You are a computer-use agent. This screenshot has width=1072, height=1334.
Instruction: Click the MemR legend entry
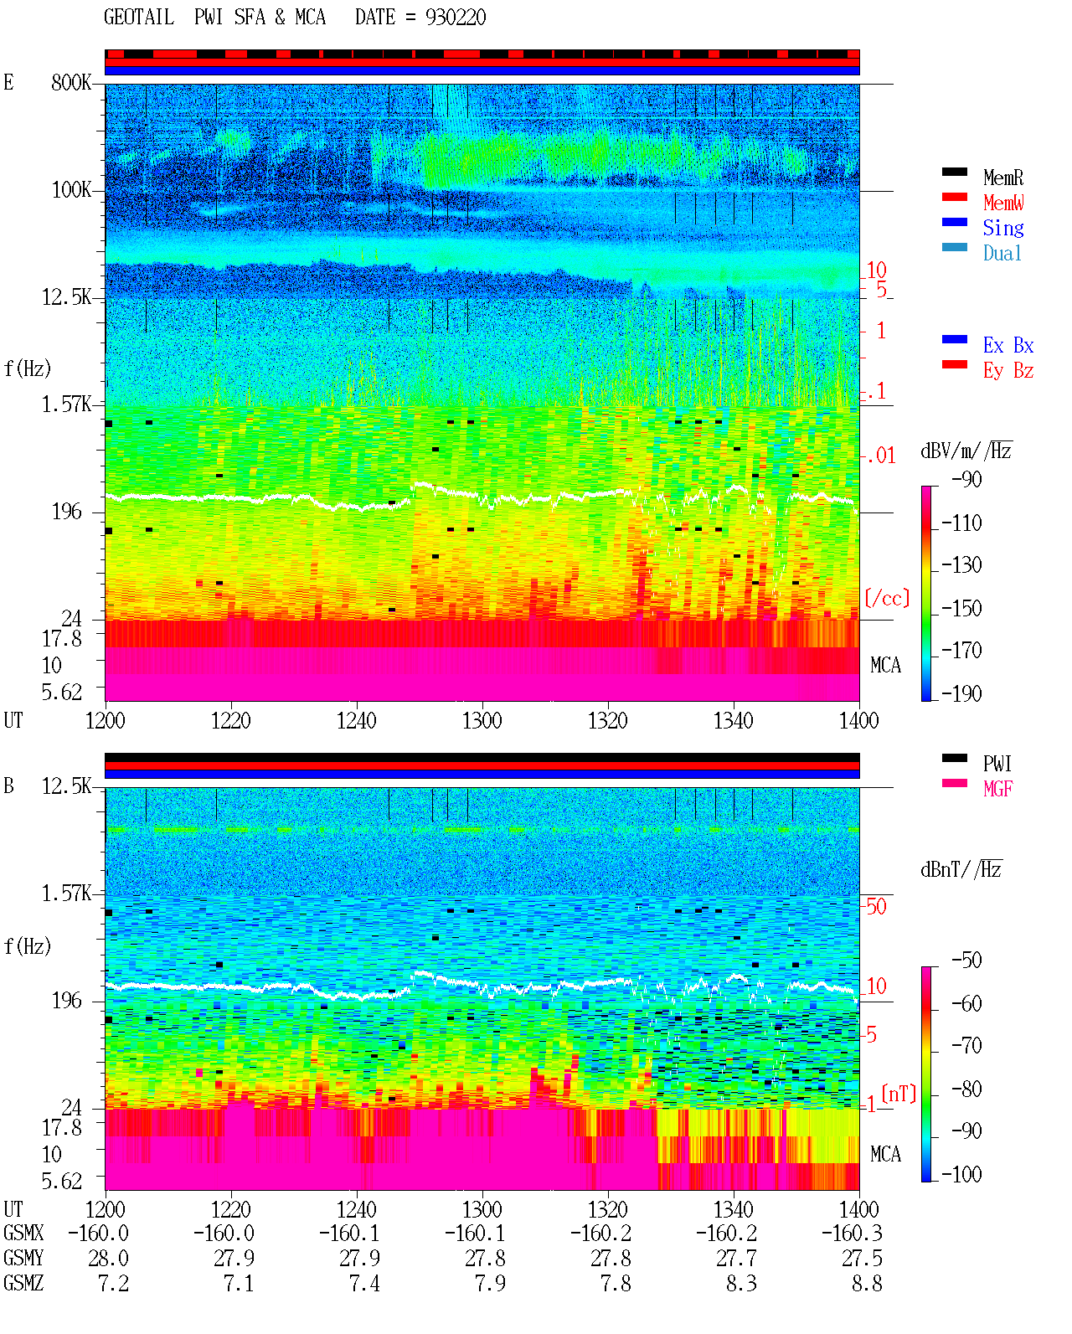pos(1002,178)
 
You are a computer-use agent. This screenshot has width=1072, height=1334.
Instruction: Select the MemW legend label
pos(1002,203)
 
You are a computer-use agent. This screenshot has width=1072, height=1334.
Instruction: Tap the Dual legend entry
pos(1002,253)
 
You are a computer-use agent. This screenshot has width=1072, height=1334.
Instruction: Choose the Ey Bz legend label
pos(1008,370)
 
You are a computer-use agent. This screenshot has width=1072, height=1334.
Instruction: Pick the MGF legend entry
pos(997,789)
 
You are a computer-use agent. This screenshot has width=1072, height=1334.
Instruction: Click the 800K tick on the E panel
pos(71,82)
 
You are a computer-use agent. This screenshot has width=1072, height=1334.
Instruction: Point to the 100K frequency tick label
pos(71,190)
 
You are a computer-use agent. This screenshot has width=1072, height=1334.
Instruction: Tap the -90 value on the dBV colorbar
pos(966,479)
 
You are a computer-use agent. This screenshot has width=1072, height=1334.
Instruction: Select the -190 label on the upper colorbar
pos(961,693)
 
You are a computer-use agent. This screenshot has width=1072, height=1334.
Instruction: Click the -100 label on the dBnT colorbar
pos(961,1174)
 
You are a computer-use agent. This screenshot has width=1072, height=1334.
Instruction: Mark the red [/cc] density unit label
pos(887,598)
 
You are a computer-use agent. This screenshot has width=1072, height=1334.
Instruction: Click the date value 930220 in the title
pos(456,18)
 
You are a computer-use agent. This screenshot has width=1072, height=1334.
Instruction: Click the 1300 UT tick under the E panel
pos(482,721)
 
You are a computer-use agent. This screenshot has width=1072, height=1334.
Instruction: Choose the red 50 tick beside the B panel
pos(876,907)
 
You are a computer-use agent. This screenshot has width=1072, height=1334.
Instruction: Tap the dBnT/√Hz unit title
pos(961,870)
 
